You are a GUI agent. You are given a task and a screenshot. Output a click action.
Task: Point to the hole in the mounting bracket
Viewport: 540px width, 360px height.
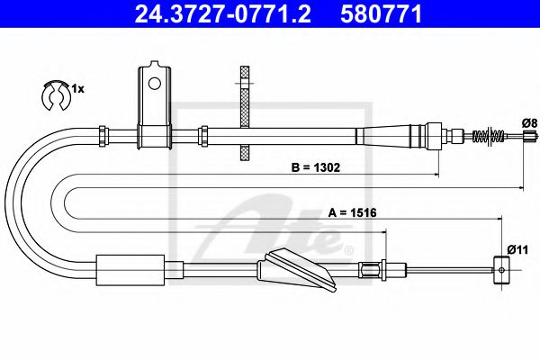point(154,84)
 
